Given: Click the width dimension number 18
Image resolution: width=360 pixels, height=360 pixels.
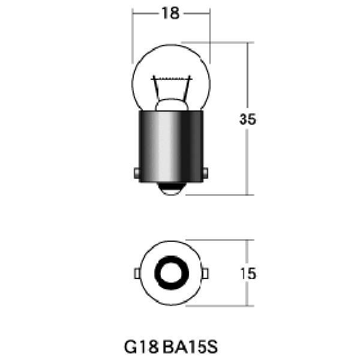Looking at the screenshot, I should [170, 13].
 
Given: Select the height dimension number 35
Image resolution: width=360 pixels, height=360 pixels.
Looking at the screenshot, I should [248, 119].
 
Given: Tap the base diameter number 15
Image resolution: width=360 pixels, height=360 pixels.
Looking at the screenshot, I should [248, 274].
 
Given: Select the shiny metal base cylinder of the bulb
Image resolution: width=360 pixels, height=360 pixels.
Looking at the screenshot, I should [170, 144].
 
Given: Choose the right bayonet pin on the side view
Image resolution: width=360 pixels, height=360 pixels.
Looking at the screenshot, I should [206, 173].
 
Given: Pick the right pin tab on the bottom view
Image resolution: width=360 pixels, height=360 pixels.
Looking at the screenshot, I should [205, 274].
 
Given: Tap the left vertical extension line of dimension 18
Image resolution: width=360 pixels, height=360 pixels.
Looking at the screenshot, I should [132, 36].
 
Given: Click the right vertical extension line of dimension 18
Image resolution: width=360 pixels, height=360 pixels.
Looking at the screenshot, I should [209, 36].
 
